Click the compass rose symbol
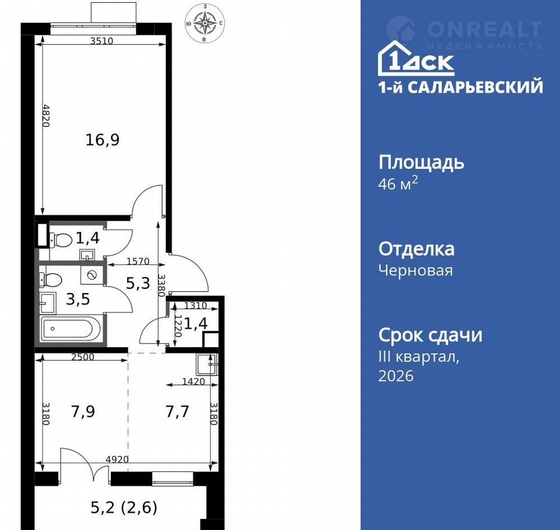click(x=205, y=23)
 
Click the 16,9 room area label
click(x=103, y=139)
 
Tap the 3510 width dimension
click(x=101, y=41)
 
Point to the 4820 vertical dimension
click(x=45, y=115)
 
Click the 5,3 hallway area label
click(x=138, y=283)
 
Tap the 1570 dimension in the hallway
click(x=138, y=261)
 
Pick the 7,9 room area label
click(x=83, y=412)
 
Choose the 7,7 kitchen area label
click(x=177, y=412)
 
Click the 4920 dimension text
click(x=117, y=460)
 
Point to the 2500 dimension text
click(x=83, y=356)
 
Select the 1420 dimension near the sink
click(x=194, y=381)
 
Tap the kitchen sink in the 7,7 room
click(x=206, y=364)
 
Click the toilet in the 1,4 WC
click(x=60, y=239)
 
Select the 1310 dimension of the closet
click(x=196, y=305)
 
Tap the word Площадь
click(x=421, y=162)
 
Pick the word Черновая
click(x=416, y=270)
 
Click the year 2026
click(x=395, y=376)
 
